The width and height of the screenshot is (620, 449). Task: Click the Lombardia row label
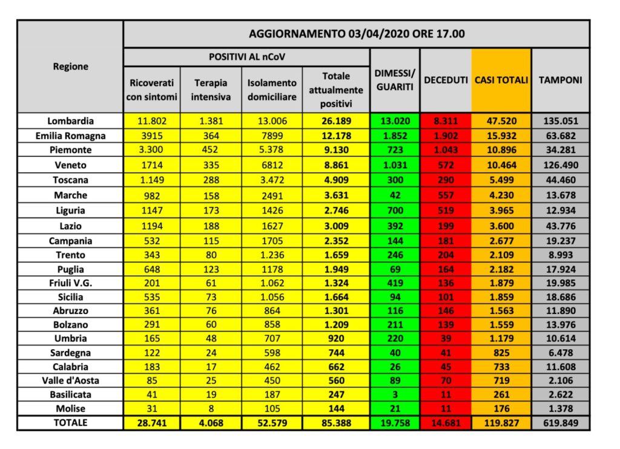point(70,121)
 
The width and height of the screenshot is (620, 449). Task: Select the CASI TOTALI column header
point(501,80)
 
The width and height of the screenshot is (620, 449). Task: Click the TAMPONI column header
point(560,80)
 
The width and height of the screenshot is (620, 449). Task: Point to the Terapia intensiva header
point(212,90)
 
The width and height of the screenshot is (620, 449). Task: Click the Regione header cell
point(70,67)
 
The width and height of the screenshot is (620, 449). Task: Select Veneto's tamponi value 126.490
point(560,165)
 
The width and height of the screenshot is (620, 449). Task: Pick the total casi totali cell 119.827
point(501,423)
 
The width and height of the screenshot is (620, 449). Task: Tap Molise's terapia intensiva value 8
point(212,408)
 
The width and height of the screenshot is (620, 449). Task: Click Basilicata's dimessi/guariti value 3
point(394,395)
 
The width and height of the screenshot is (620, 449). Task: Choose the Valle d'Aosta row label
point(70,380)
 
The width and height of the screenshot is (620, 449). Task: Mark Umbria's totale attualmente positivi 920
point(336,338)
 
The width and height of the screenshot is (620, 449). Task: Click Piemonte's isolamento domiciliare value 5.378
point(272,150)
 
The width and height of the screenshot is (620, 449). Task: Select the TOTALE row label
point(70,423)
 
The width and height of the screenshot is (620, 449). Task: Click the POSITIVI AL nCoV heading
point(246,57)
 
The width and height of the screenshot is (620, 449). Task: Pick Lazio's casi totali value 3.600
point(501,224)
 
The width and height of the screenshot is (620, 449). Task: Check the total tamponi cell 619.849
point(560,423)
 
